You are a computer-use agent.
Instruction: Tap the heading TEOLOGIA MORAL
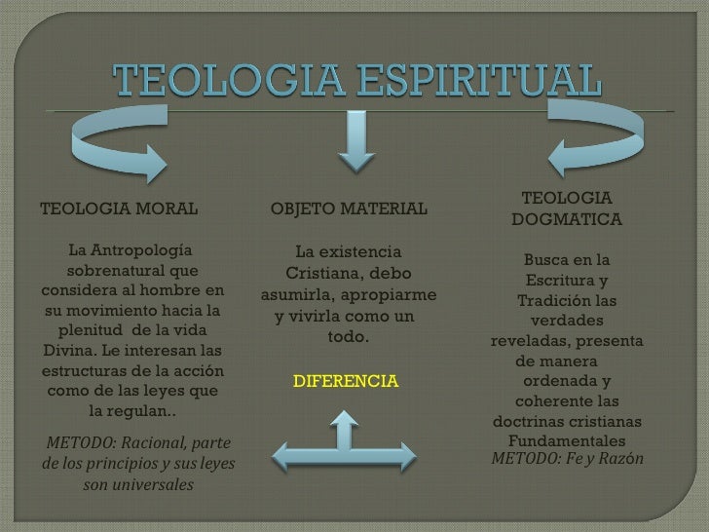pos(118,209)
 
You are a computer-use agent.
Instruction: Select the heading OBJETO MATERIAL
pos(348,209)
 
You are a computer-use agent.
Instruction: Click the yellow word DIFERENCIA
pos(346,379)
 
